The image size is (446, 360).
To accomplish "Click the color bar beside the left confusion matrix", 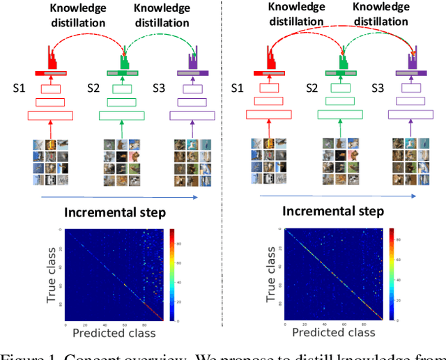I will tap(171, 275).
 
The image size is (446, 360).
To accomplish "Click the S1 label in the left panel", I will tap(20, 88).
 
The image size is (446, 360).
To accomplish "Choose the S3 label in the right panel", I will tap(378, 88).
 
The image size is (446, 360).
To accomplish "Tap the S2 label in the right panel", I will tap(314, 88).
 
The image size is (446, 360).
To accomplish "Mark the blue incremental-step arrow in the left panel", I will tap(118, 198).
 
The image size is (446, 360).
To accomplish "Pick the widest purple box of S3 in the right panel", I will tap(411, 116).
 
